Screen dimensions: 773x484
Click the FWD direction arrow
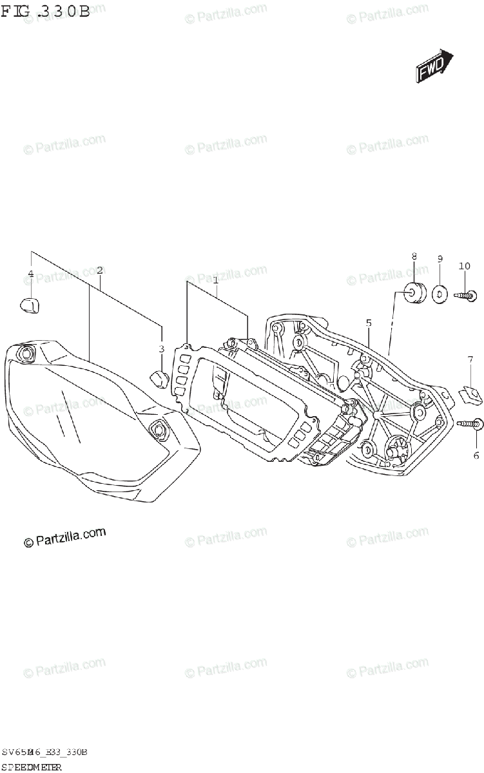[434, 66]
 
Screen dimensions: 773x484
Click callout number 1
[215, 280]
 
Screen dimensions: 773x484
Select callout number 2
[99, 270]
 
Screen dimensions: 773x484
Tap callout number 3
[162, 349]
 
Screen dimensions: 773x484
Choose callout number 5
[369, 322]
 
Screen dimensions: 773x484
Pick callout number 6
[476, 437]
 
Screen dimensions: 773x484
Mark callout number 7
[470, 359]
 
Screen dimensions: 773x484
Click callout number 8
[414, 256]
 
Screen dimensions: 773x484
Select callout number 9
[440, 259]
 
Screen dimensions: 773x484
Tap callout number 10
[465, 266]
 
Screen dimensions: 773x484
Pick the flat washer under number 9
[440, 294]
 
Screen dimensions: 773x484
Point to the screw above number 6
[470, 424]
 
